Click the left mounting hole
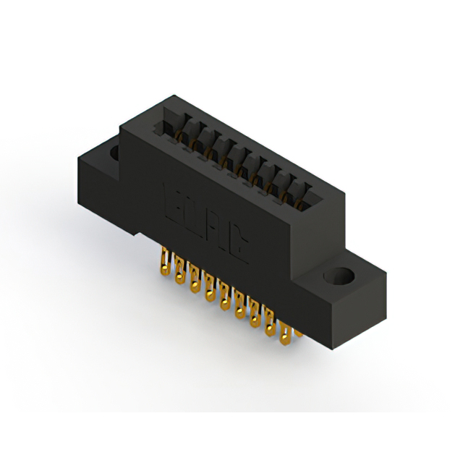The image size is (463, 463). click(114, 153)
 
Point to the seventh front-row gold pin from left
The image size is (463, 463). click(255, 320)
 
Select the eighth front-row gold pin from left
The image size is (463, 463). click(271, 330)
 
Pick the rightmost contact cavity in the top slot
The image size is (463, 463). click(301, 192)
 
